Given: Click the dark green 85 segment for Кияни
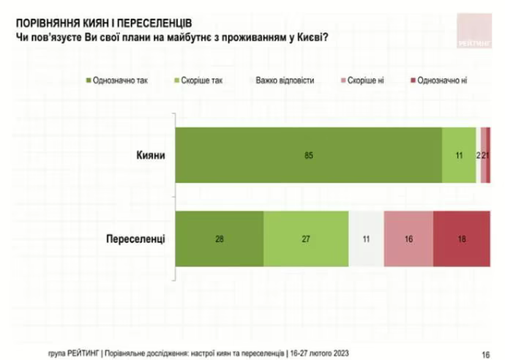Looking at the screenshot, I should (x=309, y=155).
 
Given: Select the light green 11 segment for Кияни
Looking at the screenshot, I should (x=459, y=155).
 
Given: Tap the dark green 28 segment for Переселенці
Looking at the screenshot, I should (x=220, y=239).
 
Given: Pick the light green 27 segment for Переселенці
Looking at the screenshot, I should (x=305, y=239).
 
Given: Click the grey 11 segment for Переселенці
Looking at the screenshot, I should (x=365, y=239).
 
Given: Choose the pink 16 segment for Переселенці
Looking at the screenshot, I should (x=408, y=239).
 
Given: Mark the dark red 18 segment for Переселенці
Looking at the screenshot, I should (x=461, y=239).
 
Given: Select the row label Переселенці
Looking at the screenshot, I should (x=135, y=239).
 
